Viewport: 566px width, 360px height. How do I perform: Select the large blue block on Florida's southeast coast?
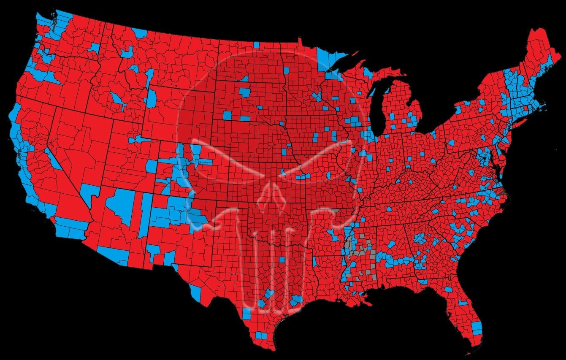click(477, 328)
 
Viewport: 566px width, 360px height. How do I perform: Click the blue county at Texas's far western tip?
click(195, 291)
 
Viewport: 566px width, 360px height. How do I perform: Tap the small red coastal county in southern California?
click(50, 218)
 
